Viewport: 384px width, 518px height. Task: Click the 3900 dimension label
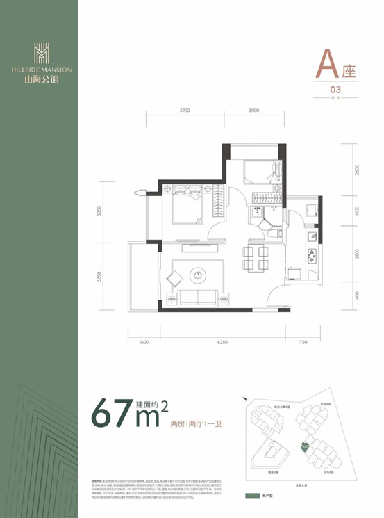point(184,111)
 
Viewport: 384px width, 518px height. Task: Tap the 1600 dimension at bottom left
point(144,342)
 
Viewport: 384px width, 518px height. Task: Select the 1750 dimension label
point(301,342)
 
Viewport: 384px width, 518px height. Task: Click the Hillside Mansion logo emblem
point(41,54)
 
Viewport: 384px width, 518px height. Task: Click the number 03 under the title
point(335,90)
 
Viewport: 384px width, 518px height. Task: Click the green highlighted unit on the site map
point(304,447)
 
